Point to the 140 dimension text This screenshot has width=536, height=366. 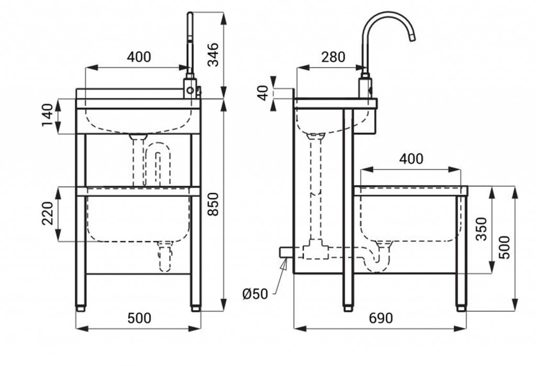coord(48,115)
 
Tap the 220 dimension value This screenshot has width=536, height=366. coord(48,214)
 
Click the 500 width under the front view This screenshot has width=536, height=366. coord(139,318)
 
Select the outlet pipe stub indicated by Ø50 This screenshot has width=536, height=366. coord(286,252)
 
